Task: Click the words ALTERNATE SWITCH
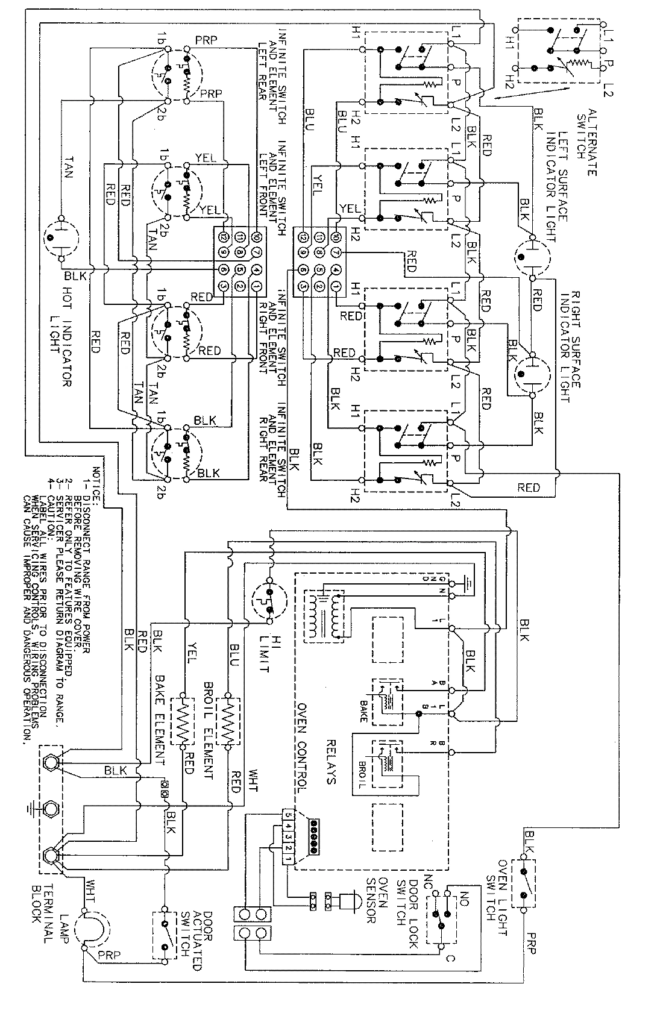coord(586,142)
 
